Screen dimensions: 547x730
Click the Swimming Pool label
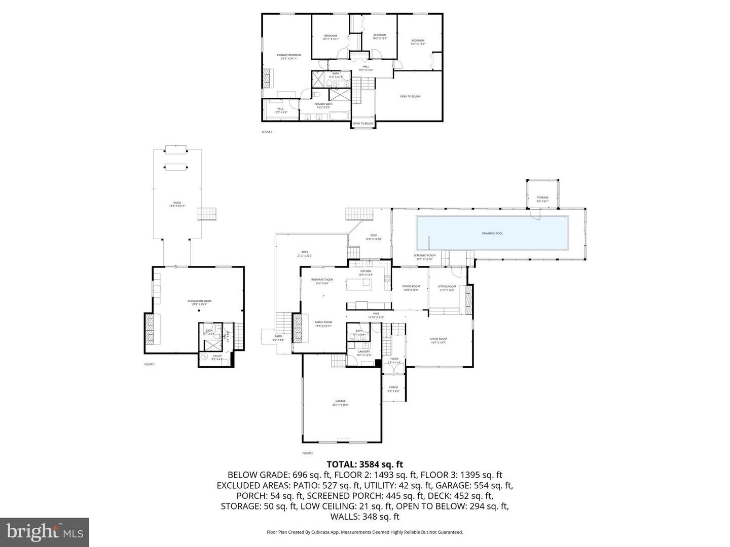tap(492, 233)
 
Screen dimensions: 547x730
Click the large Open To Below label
tap(410, 96)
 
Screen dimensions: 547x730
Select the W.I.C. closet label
tap(280, 110)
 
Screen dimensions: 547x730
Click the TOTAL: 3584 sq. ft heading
tap(364, 463)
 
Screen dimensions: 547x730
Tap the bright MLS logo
tap(44, 532)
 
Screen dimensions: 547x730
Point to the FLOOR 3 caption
tap(267, 132)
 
